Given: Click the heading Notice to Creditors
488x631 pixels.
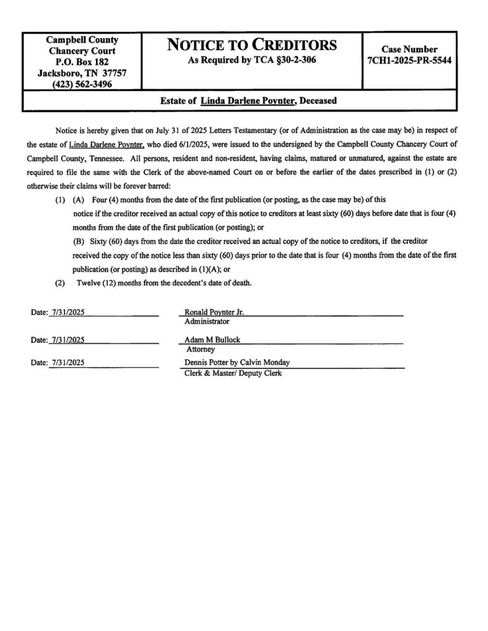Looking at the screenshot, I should coord(252,45).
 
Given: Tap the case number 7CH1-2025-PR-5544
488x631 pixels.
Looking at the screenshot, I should coord(410,61).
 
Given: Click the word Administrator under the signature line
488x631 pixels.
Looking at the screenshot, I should coord(207,321).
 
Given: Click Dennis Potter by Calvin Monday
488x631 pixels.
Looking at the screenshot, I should coord(237,362).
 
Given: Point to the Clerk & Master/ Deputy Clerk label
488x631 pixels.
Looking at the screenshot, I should coord(233,373).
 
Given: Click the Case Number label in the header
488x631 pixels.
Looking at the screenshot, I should coord(410,49).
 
